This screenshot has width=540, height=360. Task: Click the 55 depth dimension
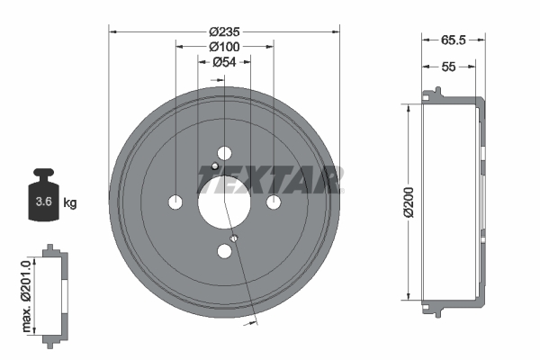(x=450, y=67)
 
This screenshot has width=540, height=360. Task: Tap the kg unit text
(x=70, y=203)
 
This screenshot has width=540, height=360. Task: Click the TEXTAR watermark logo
(x=269, y=179)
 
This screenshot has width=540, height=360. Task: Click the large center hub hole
(x=224, y=201)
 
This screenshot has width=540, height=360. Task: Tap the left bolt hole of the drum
(x=175, y=201)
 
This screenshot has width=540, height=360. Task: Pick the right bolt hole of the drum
(x=274, y=201)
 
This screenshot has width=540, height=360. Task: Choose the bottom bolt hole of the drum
(x=224, y=251)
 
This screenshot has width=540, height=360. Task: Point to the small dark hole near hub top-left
(x=215, y=166)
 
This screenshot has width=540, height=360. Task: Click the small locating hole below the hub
(x=234, y=238)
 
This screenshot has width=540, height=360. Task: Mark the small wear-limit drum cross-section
(x=55, y=292)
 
